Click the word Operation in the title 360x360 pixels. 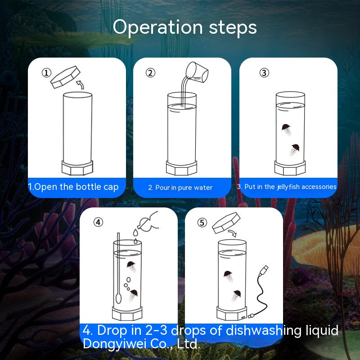coord(158,27)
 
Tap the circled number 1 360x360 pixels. coord(46,73)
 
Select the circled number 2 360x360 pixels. coord(150,73)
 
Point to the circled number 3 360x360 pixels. coord(264,73)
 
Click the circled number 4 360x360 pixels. coord(98,222)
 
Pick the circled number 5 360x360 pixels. coord(202,222)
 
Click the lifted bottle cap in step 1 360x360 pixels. coord(65,77)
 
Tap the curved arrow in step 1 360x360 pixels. coord(80,85)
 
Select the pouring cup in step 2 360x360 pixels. coord(197,72)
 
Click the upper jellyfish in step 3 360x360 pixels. coord(286,129)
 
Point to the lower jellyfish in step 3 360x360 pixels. coord(294,149)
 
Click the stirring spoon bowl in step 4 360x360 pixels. coord(118,298)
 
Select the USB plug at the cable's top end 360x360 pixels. coord(264,270)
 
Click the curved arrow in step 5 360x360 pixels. coord(232,234)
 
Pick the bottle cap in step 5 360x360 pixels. coord(226,223)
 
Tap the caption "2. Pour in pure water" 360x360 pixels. coord(180,188)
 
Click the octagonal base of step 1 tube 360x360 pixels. coord(77,167)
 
